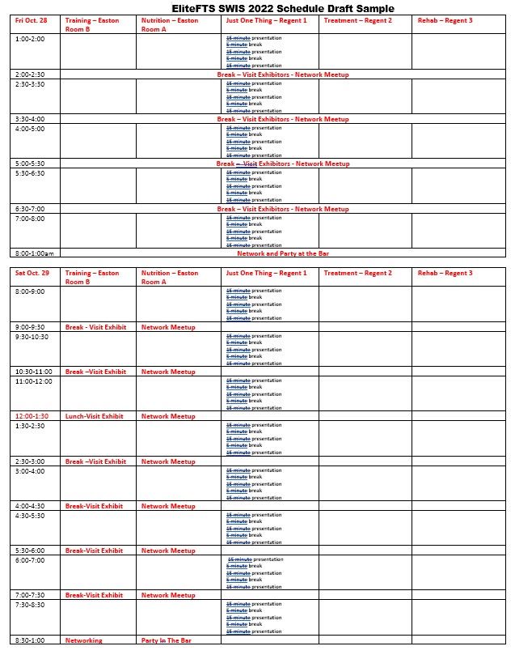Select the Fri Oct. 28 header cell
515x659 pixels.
(32, 19)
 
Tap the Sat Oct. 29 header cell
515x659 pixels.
(32, 273)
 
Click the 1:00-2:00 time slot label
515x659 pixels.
(31, 39)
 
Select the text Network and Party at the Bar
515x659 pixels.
(282, 253)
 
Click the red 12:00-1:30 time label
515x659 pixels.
(32, 416)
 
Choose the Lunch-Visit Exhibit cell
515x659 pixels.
(95, 416)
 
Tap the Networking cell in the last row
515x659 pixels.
(84, 640)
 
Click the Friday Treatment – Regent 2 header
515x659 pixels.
(357, 19)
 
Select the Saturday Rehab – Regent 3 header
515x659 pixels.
(445, 273)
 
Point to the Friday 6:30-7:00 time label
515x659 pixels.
(31, 208)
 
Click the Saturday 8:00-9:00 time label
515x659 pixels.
(31, 291)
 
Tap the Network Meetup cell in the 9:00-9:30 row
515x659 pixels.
(168, 327)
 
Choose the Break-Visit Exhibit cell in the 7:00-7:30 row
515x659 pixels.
(95, 595)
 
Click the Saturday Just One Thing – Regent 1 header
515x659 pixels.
(266, 273)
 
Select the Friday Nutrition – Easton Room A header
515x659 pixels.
(170, 23)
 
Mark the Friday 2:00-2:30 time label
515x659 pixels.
(31, 74)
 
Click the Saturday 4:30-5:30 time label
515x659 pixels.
(31, 515)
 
